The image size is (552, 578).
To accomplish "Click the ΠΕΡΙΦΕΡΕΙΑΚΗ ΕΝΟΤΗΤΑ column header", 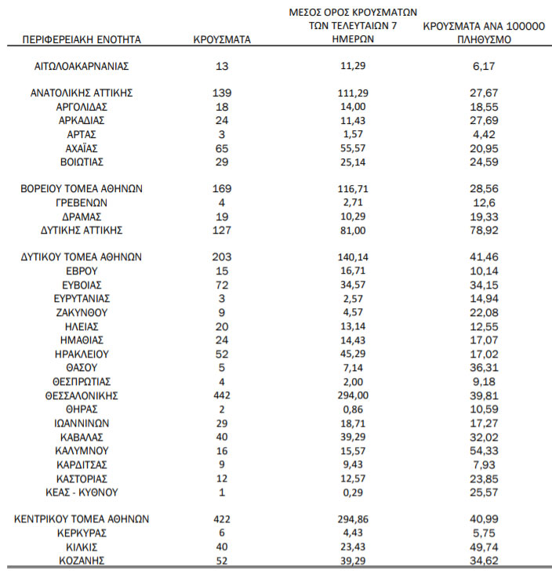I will tap(82, 38).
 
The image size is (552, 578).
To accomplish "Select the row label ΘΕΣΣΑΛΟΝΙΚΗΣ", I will tap(82, 395).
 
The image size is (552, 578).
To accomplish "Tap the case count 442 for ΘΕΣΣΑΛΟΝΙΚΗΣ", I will tap(222, 395).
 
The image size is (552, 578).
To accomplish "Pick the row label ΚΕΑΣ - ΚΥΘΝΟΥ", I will tap(82, 493).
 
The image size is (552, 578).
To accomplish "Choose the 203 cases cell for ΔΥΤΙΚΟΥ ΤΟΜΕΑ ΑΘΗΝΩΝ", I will tap(222, 257).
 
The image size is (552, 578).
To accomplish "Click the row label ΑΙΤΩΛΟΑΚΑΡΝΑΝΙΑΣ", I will tap(82, 66).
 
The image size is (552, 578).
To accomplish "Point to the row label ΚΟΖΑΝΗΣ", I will tap(82, 561).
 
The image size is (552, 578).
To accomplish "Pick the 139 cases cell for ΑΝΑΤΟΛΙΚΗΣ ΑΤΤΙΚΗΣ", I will tap(222, 93).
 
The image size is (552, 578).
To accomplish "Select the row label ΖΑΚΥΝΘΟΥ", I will tap(82, 312).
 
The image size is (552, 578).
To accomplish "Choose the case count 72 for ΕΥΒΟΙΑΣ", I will tap(222, 285).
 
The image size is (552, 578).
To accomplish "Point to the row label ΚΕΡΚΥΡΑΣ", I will tap(82, 533).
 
